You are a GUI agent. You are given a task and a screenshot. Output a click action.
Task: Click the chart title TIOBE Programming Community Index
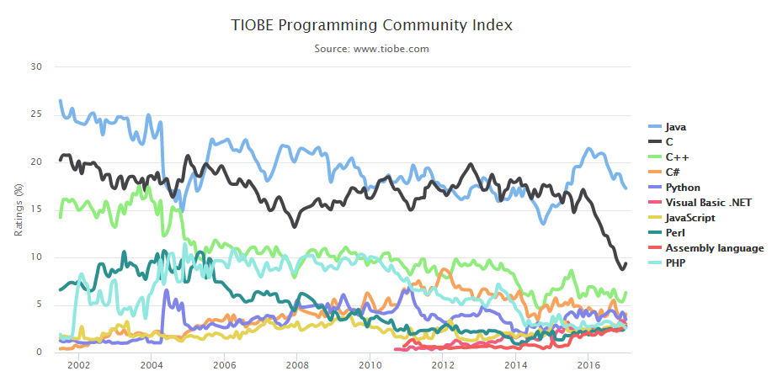tap(371, 25)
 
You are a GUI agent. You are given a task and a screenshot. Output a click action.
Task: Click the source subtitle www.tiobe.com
tap(371, 49)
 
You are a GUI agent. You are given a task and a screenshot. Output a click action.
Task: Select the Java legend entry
tap(676, 127)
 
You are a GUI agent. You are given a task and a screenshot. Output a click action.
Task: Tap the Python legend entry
tap(682, 188)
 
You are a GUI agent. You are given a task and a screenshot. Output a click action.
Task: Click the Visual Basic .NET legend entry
tap(703, 203)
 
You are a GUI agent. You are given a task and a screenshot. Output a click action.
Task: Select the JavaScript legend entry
tap(690, 218)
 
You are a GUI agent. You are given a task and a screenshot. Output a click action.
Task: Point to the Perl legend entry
tap(676, 233)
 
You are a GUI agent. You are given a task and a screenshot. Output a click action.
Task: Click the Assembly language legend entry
tap(714, 248)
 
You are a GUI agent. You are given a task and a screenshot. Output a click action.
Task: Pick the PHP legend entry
tap(676, 263)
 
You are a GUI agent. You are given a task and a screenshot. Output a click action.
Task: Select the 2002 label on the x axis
tap(78, 364)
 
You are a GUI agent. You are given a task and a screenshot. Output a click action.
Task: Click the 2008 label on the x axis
tap(296, 364)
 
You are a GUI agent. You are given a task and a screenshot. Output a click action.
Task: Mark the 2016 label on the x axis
tap(588, 364)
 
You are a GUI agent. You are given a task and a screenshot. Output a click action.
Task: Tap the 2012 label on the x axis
tap(442, 364)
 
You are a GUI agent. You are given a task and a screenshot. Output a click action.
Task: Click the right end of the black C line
tap(626, 264)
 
